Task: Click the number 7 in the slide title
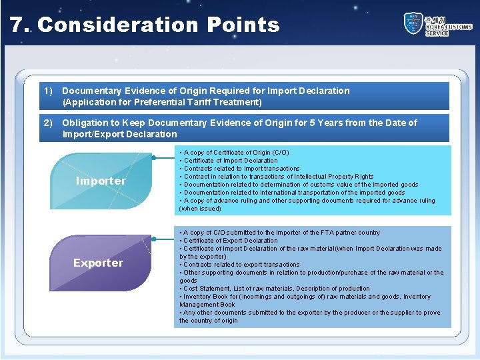point(16,25)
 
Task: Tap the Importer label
point(101,181)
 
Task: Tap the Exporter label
point(98,263)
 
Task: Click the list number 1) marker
point(48,91)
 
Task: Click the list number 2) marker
point(48,123)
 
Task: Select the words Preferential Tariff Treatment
point(201,102)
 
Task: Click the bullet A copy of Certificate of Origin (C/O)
point(236,153)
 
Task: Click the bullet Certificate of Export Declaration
point(230,241)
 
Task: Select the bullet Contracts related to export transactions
point(241,265)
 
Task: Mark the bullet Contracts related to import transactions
point(241,169)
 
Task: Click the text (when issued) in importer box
point(200,209)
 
